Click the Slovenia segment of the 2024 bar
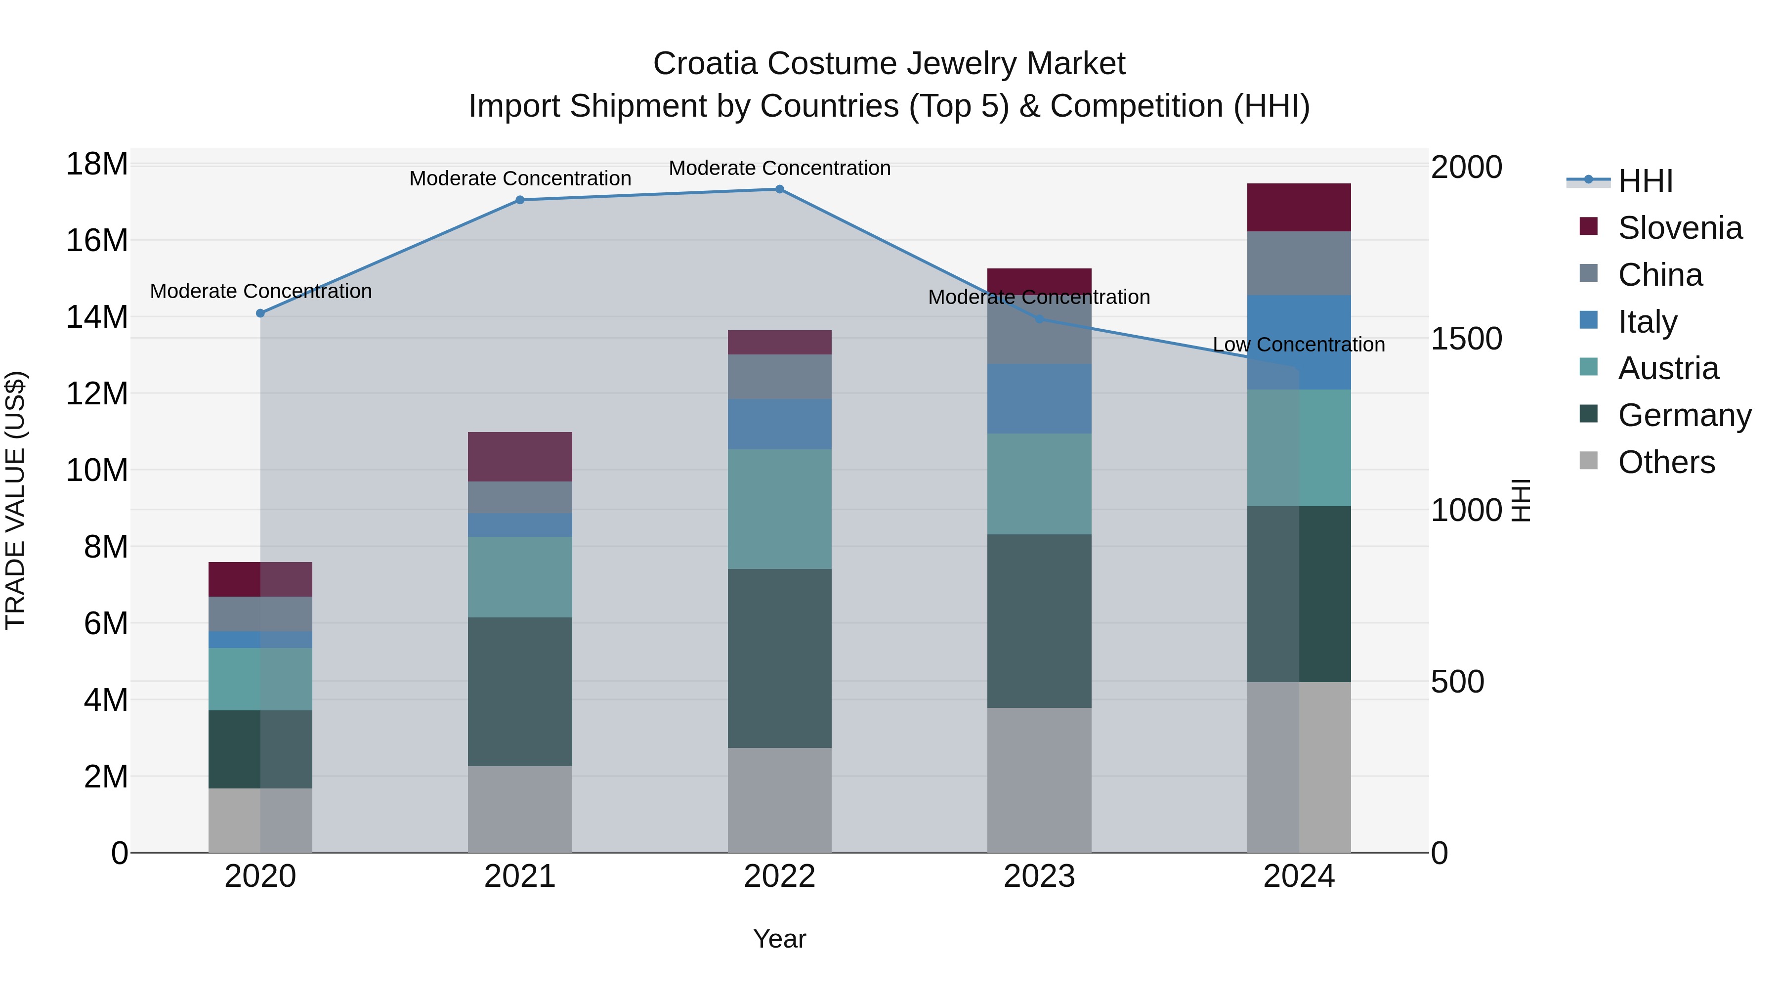[x=1298, y=207]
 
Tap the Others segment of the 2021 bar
[x=519, y=808]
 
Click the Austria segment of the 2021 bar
[x=519, y=577]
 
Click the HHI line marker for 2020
[x=260, y=313]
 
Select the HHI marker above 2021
[x=520, y=200]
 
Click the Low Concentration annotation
[x=1298, y=344]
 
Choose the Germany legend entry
[x=1684, y=415]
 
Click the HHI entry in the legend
[x=1645, y=181]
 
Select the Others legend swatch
[x=1588, y=461]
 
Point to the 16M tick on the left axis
[x=97, y=240]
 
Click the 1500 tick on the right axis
[x=1466, y=339]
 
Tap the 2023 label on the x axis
[x=1039, y=876]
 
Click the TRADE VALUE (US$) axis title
[x=15, y=500]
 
